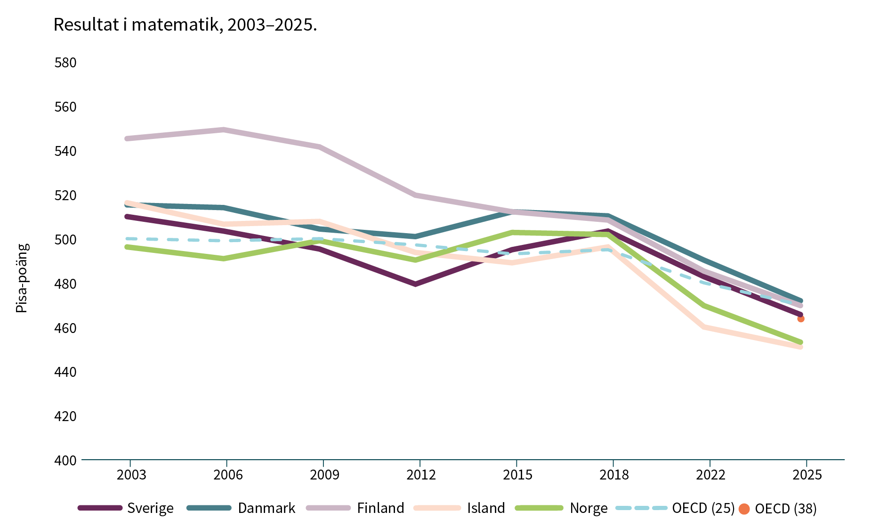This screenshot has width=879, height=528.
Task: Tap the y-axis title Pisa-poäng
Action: click(x=22, y=278)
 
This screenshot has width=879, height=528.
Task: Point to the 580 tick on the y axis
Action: click(x=65, y=63)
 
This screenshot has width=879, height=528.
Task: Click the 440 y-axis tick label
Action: click(x=65, y=372)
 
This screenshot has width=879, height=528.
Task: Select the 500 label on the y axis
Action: click(x=65, y=239)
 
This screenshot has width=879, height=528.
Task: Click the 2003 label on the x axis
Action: click(x=131, y=474)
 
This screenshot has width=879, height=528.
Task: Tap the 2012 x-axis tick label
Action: click(x=421, y=474)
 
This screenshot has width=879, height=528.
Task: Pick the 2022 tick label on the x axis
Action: click(x=710, y=474)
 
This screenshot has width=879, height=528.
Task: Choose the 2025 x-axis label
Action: click(x=807, y=474)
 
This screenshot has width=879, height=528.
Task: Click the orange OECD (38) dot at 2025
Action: click(x=801, y=319)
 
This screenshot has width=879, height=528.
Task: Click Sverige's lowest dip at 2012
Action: click(x=415, y=284)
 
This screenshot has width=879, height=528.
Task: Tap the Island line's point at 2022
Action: click(x=704, y=326)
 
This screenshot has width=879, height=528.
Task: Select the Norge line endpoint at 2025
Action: click(x=800, y=342)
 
